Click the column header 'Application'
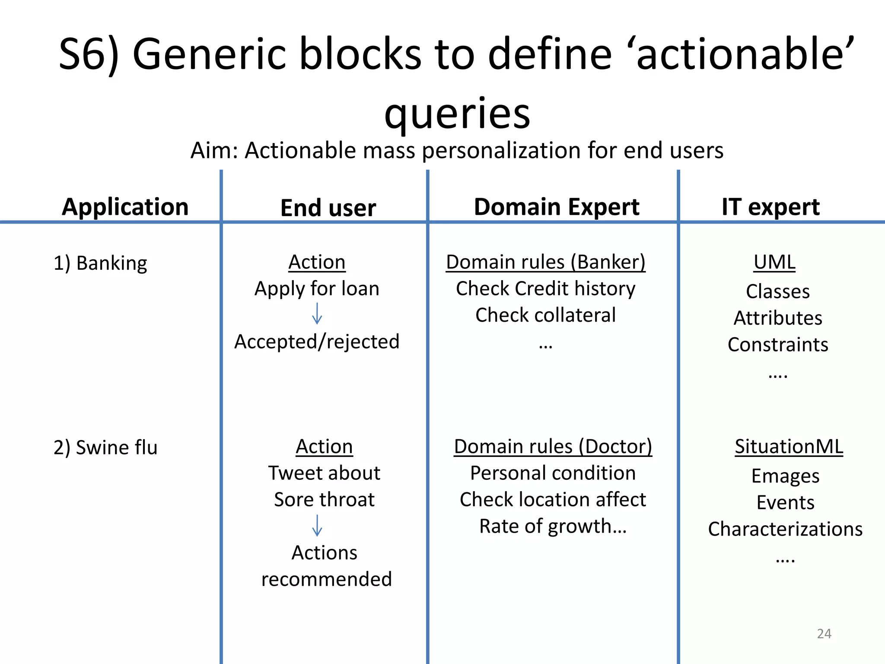point(125,207)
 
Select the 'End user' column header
point(328,207)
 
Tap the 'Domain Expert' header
point(557,207)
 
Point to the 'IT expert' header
point(770,207)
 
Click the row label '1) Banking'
point(100,263)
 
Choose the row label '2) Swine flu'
point(105,447)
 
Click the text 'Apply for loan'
point(317,288)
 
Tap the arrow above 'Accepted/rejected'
point(317,313)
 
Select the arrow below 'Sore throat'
point(317,525)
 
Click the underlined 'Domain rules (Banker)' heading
point(545,262)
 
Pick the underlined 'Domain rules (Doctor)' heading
point(553,447)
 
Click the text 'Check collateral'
point(545,315)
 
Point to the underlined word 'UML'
point(774,262)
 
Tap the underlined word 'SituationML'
point(789,447)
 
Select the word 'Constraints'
point(778,345)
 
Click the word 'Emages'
point(785,476)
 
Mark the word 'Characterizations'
point(785,529)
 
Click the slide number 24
point(824,634)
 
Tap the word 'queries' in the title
point(457,113)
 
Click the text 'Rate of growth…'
point(553,526)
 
